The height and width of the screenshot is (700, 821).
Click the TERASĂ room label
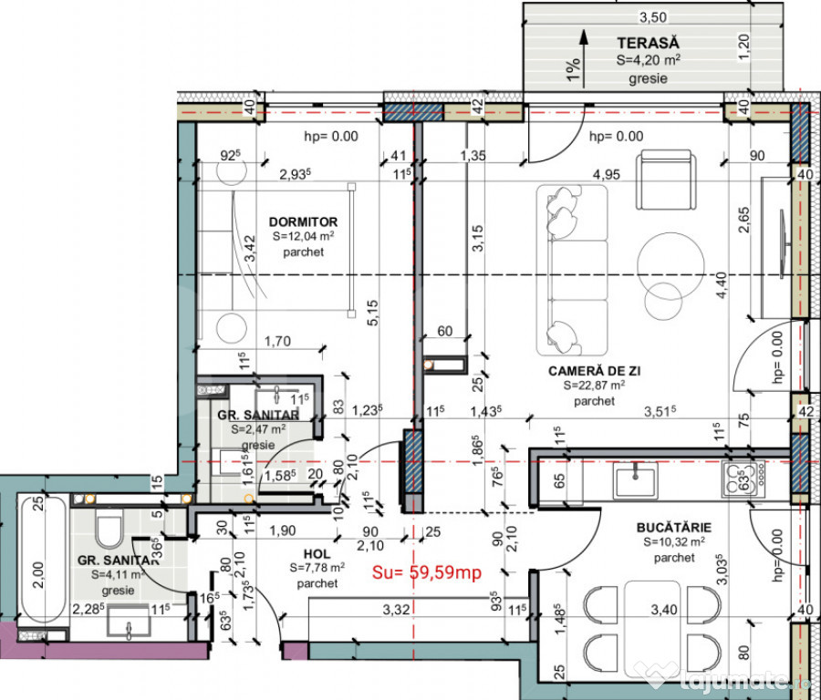648,43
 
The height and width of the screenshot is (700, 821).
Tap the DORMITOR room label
303,221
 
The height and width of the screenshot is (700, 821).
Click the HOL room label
315,553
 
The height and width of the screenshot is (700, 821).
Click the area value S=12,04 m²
303,237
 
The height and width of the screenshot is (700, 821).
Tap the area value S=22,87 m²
594,386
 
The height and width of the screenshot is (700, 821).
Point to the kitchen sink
636,479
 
